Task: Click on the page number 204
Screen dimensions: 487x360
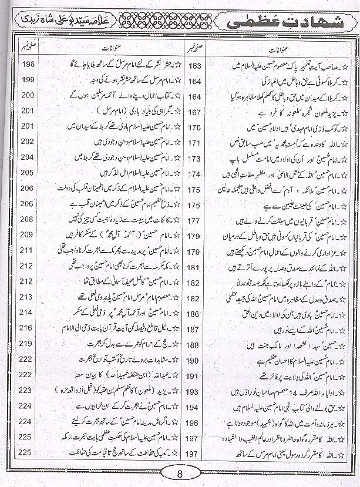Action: tap(28, 157)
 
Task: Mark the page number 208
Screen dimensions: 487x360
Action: tap(28, 219)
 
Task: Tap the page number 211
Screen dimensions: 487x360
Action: tap(28, 250)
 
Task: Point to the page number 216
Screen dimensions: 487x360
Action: tap(28, 328)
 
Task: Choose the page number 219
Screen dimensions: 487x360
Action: tap(28, 343)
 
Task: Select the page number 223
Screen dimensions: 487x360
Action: tap(28, 389)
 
